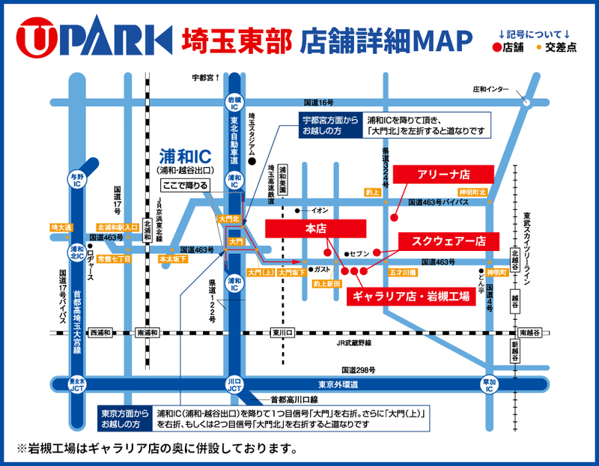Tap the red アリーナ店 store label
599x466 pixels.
[x=444, y=174]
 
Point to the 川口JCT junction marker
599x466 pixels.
[x=234, y=384]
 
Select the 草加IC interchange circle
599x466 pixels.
[x=489, y=385]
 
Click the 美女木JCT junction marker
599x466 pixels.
[x=76, y=384]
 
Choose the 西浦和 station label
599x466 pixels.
[x=100, y=333]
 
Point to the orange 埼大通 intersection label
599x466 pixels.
[x=61, y=227]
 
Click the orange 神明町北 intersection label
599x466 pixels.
[x=473, y=193]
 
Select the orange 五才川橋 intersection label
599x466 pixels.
[x=401, y=273]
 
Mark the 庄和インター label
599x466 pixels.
[x=488, y=89]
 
